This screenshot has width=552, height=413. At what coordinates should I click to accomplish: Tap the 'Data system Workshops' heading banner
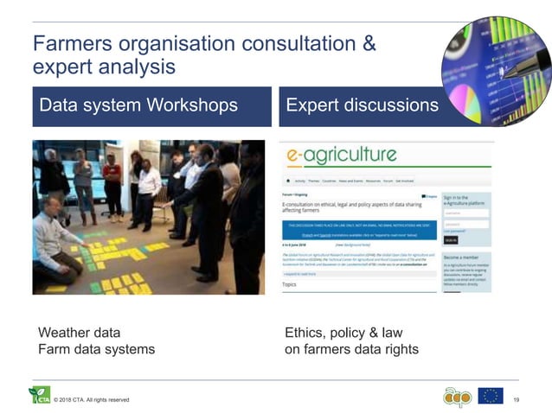coord(138,105)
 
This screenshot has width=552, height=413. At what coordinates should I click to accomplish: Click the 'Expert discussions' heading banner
coord(362,105)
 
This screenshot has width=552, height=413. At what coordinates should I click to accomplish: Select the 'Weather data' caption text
coord(80,333)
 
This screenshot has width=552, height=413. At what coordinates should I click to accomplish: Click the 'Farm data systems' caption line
coord(97,349)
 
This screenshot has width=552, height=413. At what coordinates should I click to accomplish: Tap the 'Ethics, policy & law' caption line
coord(343,333)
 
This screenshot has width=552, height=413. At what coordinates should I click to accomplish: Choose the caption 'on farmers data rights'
coord(351,349)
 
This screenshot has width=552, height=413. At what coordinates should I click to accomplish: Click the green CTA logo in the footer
coord(39,395)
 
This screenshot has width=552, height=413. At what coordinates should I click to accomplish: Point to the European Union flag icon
coord(490,396)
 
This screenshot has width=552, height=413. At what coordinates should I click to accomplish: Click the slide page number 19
coord(517,399)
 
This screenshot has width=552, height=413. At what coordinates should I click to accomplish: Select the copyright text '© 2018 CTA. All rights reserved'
coord(91,400)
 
